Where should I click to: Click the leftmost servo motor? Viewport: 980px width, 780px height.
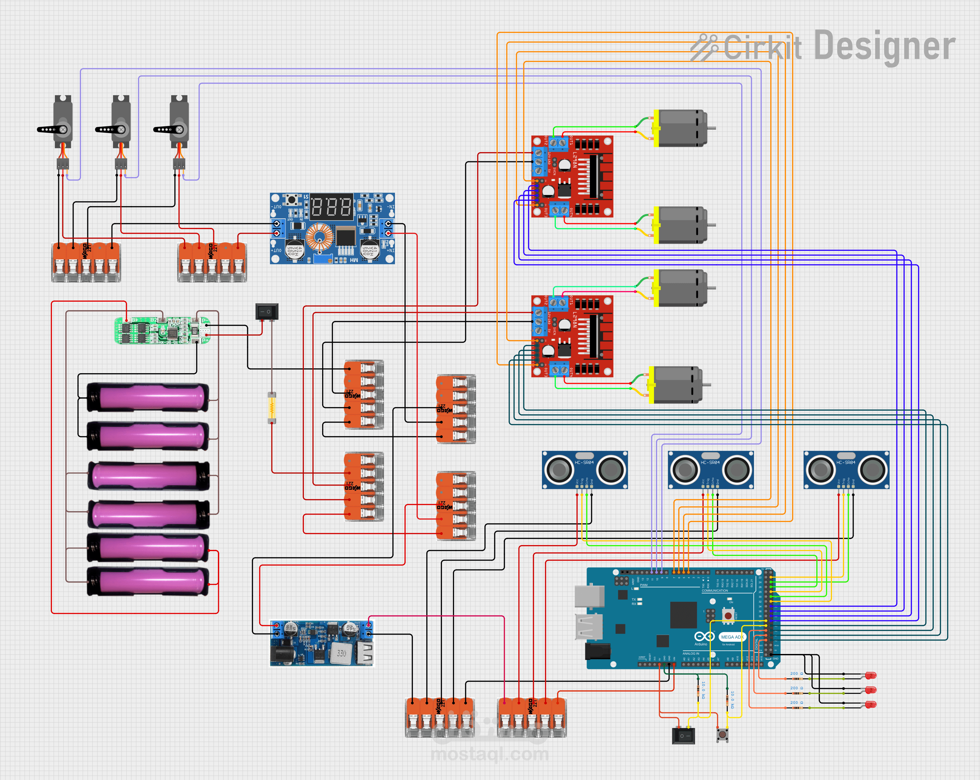click(x=62, y=122)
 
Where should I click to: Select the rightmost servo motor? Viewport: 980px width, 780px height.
click(x=179, y=122)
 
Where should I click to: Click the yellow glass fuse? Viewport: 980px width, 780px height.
click(x=272, y=407)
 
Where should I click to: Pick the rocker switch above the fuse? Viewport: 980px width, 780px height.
click(x=267, y=311)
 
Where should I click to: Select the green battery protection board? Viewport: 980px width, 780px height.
click(x=161, y=330)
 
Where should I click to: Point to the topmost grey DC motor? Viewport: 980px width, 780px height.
click(x=682, y=128)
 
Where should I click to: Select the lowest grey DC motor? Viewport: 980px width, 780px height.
click(x=677, y=385)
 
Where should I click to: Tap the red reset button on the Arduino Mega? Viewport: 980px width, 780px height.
click(x=728, y=615)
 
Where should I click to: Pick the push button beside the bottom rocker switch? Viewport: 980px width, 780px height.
click(x=722, y=734)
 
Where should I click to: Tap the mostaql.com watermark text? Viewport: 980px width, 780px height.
click(x=490, y=754)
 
